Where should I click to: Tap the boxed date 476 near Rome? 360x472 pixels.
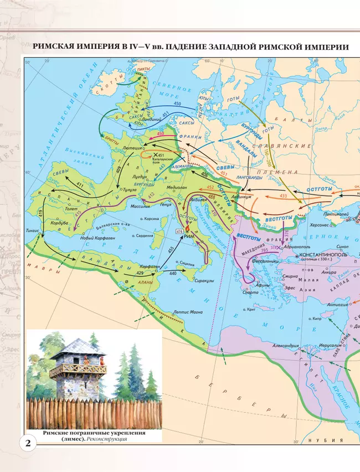179,230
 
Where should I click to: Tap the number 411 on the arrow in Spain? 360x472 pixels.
80,184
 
